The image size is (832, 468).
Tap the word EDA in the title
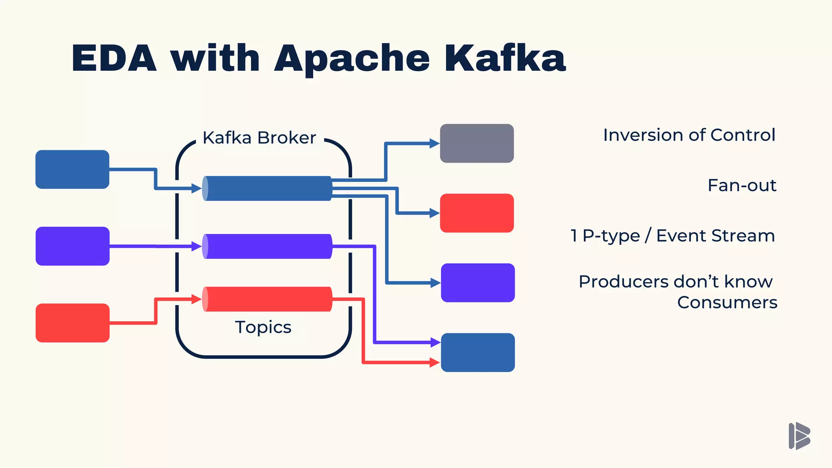pos(114,59)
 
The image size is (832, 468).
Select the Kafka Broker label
pos(259,138)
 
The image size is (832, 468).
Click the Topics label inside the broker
pos(263,327)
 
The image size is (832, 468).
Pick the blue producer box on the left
pos(72,169)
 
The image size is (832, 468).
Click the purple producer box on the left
pos(72,246)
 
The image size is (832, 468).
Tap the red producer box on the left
pos(72,323)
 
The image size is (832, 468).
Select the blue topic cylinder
pos(267,188)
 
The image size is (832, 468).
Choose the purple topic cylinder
pos(267,246)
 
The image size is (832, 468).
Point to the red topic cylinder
pos(267,299)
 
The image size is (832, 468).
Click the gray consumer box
pos(477,143)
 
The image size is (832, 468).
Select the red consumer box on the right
pos(477,213)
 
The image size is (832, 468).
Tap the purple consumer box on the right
pos(478,283)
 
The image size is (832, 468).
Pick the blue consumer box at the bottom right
pos(478,353)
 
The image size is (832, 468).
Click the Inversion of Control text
pos(689,135)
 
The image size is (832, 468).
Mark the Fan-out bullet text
pos(742,186)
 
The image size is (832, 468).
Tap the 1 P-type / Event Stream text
pos(673,236)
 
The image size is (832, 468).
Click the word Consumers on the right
pos(727,303)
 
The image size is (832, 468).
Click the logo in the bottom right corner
pos(799,436)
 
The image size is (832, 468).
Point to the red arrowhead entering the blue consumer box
pos(435,362)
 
